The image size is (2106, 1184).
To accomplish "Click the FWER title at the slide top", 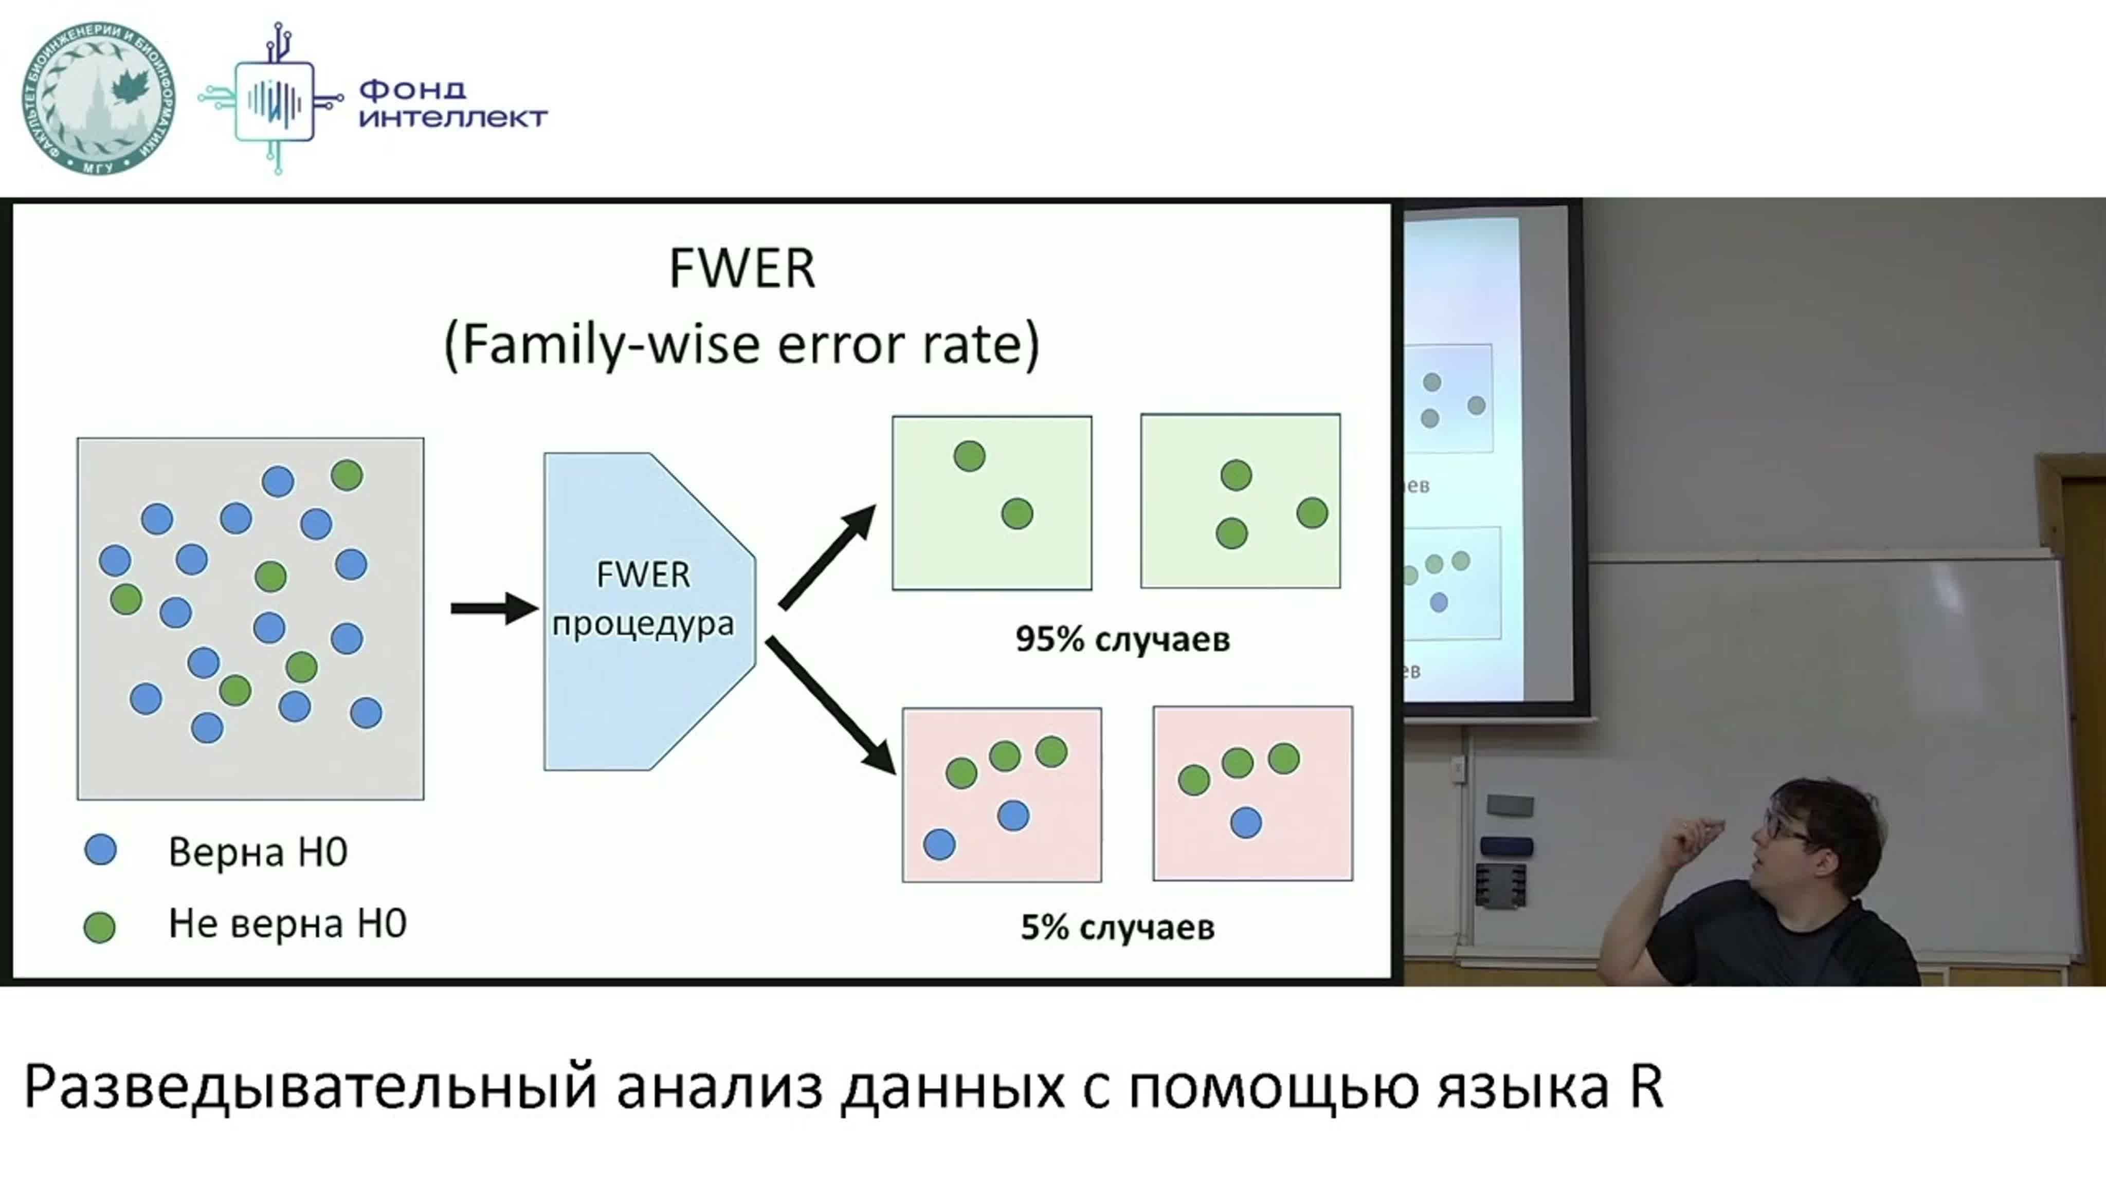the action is click(741, 268).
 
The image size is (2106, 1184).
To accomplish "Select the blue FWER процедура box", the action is click(650, 611).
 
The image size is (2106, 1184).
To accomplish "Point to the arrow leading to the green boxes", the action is click(827, 557).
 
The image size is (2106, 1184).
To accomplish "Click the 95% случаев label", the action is click(1122, 639).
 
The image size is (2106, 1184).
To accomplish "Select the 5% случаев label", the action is click(1118, 928).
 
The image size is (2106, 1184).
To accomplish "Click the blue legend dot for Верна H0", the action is click(101, 850).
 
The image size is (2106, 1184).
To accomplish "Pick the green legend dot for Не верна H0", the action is click(100, 927).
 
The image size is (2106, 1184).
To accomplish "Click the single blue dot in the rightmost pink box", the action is click(1246, 823).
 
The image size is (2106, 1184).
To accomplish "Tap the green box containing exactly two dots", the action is click(992, 503).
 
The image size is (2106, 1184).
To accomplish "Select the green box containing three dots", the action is click(1240, 501).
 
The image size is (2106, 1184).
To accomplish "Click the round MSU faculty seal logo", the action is click(98, 99).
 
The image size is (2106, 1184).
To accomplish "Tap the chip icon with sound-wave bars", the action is click(274, 100).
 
